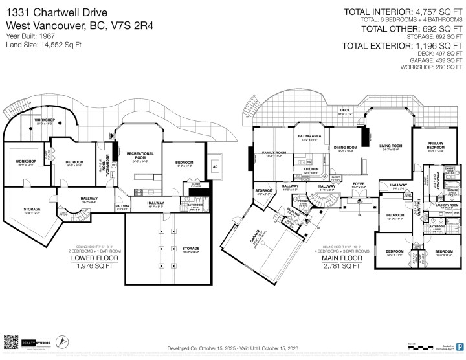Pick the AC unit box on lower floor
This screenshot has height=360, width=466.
(216, 166)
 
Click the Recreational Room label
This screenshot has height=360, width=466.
(140, 155)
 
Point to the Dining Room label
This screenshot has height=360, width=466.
(346, 148)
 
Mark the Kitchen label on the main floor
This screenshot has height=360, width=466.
(311, 170)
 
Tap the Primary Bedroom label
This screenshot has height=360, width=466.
(436, 147)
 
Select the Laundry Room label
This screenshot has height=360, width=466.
(446, 205)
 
